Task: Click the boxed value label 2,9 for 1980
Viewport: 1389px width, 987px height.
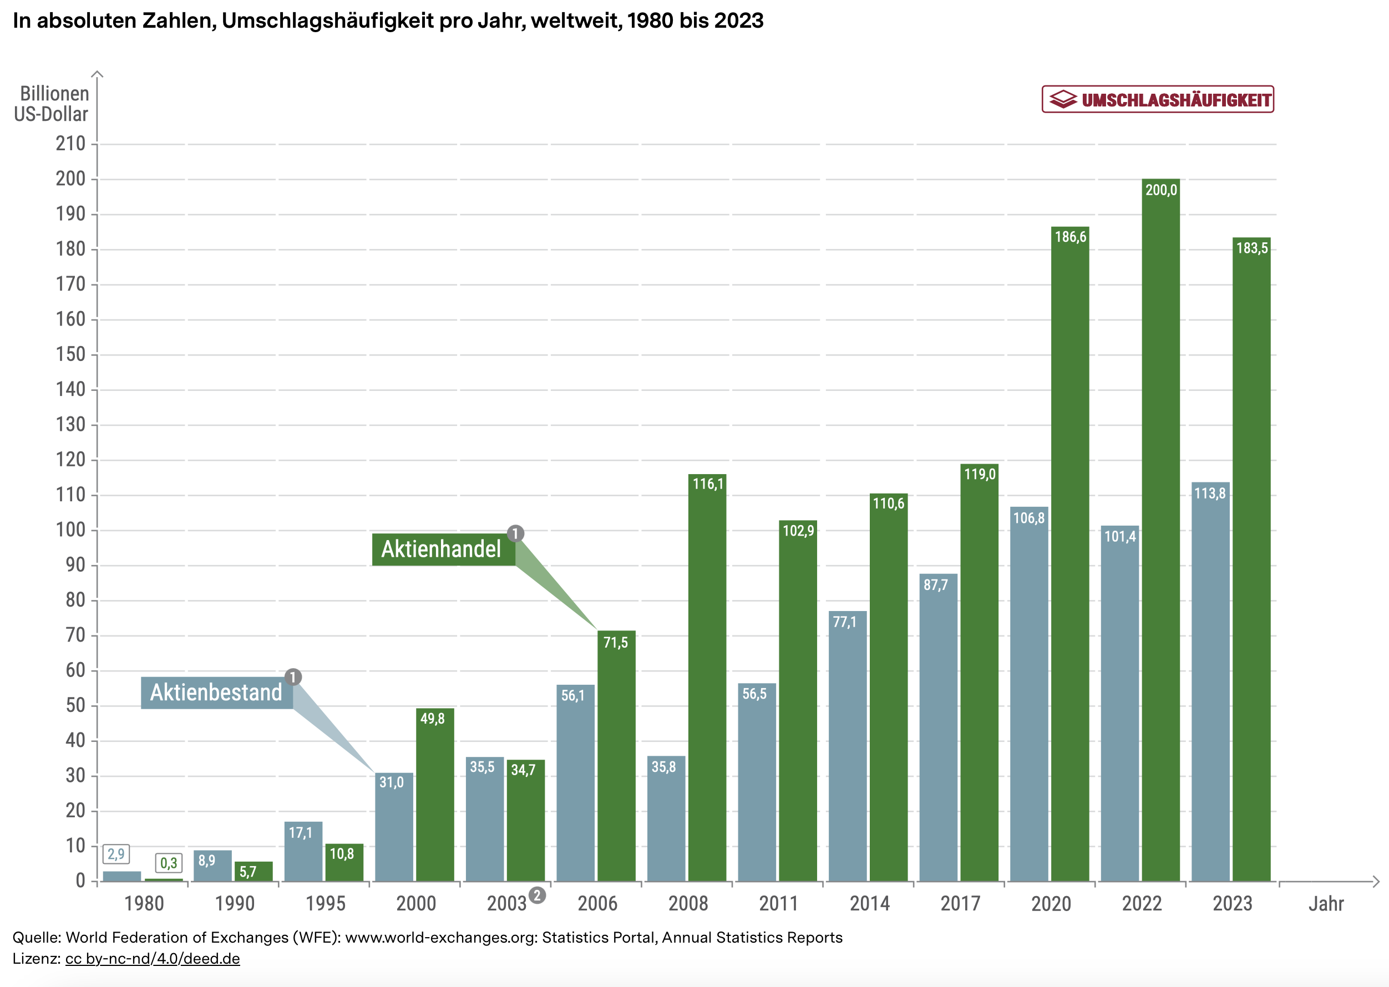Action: click(x=116, y=854)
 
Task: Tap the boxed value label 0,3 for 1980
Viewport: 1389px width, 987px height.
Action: click(x=169, y=863)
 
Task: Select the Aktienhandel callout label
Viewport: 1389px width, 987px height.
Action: click(x=443, y=550)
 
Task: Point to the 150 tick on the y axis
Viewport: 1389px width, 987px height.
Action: click(x=71, y=354)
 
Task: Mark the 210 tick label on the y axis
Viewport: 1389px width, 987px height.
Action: click(x=71, y=144)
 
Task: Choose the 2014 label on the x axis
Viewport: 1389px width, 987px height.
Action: click(x=869, y=904)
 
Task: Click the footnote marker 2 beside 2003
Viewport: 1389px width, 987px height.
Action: click(x=537, y=895)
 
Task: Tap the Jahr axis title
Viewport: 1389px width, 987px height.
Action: click(x=1326, y=904)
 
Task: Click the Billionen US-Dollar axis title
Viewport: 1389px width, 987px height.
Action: click(x=52, y=104)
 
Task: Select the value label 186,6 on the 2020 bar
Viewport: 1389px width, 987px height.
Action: click(x=1070, y=237)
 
